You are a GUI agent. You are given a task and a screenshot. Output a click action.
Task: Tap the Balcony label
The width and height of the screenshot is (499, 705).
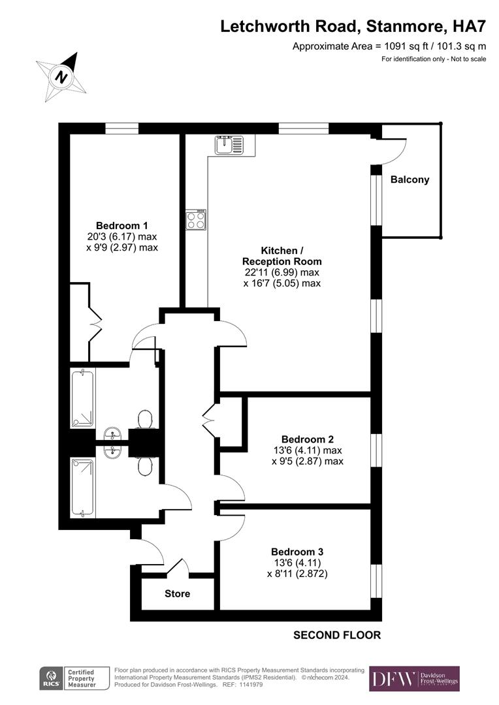pos(410,180)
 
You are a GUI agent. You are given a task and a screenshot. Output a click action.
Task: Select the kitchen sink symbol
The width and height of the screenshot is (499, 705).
pos(228,144)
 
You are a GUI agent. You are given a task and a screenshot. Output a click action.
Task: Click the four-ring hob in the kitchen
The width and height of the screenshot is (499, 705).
pos(195,220)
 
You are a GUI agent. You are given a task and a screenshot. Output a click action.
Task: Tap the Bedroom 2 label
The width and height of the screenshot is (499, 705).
pos(307,439)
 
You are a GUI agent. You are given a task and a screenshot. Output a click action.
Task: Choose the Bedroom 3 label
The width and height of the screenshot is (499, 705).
pos(297,551)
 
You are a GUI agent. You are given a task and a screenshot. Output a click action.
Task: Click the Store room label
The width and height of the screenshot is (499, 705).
pos(177,593)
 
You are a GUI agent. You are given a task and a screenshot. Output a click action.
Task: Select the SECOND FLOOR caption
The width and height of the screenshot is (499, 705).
pos(336,634)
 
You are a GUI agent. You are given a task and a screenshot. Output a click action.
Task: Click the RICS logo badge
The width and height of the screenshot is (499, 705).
pos(51,679)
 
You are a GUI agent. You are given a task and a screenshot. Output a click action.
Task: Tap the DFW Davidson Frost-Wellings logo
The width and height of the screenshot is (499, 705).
pos(414,679)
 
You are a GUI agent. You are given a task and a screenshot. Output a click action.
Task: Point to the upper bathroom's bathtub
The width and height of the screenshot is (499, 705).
pos(83,398)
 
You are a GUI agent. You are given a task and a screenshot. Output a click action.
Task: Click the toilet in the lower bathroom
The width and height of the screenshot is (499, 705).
pos(146,465)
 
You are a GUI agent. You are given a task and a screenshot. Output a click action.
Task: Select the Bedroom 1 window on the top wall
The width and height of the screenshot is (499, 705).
pos(121,129)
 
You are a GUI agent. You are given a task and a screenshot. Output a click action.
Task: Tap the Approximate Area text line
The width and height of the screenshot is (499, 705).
pos(389,46)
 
